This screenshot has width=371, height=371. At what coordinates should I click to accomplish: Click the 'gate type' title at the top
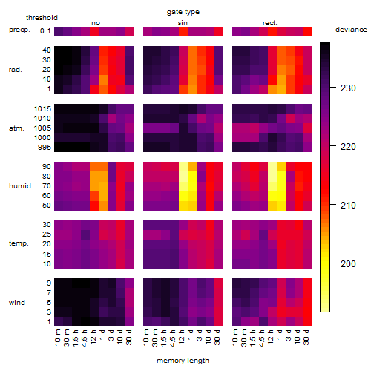[183, 12]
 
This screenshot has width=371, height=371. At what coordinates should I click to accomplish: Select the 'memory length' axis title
[183, 361]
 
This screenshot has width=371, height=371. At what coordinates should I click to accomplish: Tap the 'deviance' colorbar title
[351, 30]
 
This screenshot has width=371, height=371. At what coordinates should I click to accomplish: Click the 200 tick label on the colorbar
[348, 264]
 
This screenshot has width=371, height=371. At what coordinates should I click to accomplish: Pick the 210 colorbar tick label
[348, 206]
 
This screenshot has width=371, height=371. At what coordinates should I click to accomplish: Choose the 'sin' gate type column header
[183, 23]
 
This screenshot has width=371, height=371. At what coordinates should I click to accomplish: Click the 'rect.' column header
[270, 23]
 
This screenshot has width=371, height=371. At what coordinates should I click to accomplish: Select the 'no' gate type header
[96, 23]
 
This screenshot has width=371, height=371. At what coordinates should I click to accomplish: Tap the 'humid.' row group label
[21, 186]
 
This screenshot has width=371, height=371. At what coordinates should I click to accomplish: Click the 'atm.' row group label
[16, 128]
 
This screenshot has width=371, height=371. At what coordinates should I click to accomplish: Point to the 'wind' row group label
[17, 303]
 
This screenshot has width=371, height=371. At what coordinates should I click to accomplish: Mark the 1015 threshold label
[42, 109]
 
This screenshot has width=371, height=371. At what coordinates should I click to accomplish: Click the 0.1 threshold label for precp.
[45, 31]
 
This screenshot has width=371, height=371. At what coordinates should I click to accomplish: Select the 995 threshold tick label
[45, 148]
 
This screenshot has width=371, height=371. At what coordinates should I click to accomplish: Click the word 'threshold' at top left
[42, 18]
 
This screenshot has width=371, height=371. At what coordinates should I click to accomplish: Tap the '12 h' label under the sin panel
[181, 337]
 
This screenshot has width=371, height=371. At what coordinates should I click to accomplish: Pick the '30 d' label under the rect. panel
[306, 337]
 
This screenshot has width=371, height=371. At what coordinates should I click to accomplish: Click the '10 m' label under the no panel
[58, 338]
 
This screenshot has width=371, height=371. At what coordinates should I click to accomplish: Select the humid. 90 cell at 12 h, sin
[183, 167]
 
